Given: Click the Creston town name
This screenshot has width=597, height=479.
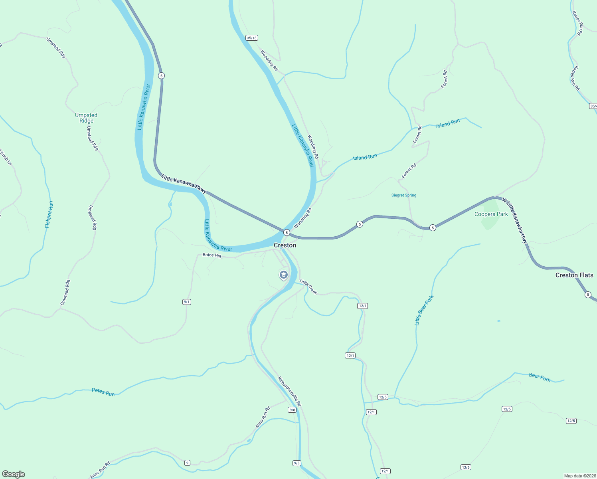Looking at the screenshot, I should click(x=285, y=245).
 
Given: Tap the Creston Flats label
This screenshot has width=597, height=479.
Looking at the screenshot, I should click(x=574, y=275).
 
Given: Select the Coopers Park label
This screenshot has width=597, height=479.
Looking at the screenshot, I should click(x=491, y=214).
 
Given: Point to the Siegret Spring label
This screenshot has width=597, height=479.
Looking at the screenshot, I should click(x=404, y=195).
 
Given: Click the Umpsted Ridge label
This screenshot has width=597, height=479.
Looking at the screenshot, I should click(x=86, y=118).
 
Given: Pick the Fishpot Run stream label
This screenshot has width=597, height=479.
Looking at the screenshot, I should click(x=49, y=215).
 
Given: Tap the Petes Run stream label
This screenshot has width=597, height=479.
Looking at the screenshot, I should click(x=103, y=392).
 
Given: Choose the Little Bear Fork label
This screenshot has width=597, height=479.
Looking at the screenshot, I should click(x=424, y=311).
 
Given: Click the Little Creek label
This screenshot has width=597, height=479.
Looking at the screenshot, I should click(x=308, y=287).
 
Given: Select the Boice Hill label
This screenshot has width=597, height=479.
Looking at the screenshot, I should click(x=212, y=255).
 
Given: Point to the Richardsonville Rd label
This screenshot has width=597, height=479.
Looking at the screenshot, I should click(x=289, y=391).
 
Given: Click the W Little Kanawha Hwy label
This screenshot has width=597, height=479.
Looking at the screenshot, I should click(x=515, y=221).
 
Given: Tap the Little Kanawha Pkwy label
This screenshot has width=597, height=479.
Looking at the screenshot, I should click(x=184, y=184).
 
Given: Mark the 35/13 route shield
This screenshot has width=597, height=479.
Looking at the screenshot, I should click(x=252, y=38).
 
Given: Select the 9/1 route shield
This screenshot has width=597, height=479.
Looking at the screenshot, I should click(x=187, y=302).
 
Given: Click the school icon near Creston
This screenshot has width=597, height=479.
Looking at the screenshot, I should click(x=283, y=275).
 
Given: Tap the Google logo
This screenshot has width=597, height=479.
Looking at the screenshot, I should click(x=14, y=474).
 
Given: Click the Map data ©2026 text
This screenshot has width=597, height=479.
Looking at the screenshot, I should click(x=579, y=476).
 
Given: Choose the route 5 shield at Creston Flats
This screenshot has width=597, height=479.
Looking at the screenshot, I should click(x=588, y=295).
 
